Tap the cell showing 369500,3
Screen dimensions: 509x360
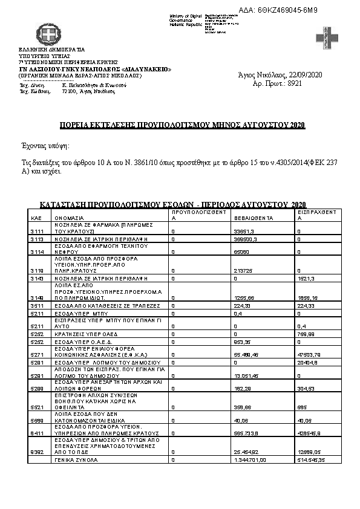coord(247,240)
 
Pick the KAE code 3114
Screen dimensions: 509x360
coord(36,252)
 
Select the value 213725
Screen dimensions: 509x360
coord(243,270)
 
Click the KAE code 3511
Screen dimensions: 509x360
coord(36,306)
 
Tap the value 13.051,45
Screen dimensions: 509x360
coord(248,375)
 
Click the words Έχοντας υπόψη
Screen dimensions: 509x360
coord(46,146)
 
